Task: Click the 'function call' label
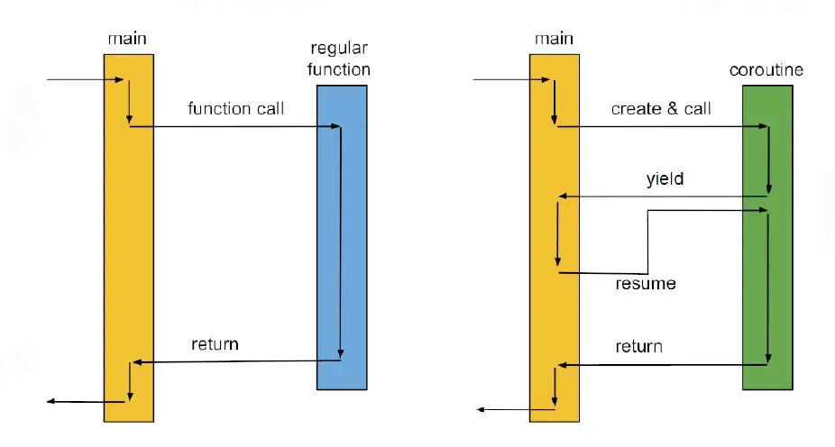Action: point(236,108)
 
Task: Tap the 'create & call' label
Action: point(661,108)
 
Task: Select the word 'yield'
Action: point(665,178)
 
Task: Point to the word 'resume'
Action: point(646,284)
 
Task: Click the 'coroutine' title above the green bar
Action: point(766,70)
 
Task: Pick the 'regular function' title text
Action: point(339,59)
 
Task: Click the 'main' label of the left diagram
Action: point(127,39)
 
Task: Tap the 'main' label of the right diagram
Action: point(554,39)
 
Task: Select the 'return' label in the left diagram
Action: point(216,343)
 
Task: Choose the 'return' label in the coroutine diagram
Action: point(639,346)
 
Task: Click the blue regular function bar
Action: point(342,237)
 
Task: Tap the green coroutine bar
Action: point(768,237)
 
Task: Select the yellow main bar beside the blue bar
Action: point(129,238)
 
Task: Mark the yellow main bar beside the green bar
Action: point(555,238)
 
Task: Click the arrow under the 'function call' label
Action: point(234,127)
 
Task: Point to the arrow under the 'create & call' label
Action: point(662,127)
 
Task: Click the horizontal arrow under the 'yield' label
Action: point(663,196)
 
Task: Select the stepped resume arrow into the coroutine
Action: point(648,242)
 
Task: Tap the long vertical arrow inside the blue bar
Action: point(341,242)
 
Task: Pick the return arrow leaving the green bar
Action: point(663,365)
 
